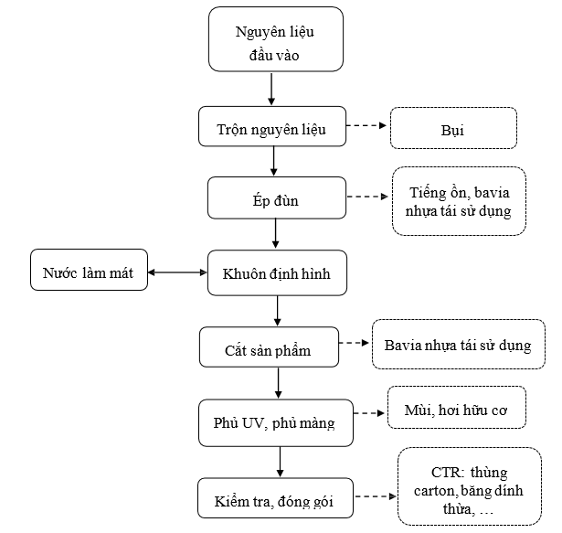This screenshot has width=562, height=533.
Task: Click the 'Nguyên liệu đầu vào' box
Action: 276,39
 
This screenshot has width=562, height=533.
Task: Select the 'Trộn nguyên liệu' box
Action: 272,126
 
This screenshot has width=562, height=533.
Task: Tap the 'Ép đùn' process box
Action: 277,197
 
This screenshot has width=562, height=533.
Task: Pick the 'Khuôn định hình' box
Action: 277,273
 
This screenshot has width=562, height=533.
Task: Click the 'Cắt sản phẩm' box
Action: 269,346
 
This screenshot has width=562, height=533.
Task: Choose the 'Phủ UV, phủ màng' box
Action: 276,423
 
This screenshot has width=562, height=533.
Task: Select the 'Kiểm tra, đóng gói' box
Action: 275,498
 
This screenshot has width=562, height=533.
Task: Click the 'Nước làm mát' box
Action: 89,270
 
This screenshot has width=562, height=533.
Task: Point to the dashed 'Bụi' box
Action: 453,128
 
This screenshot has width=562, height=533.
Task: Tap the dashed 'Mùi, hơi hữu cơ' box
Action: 457,407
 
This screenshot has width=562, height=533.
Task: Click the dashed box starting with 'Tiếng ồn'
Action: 459,201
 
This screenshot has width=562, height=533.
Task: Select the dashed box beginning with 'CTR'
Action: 470,486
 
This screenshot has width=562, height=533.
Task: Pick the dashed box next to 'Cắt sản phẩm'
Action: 459,344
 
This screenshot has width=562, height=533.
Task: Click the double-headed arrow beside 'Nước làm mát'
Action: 177,272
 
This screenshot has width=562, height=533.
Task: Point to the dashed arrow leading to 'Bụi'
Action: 366,125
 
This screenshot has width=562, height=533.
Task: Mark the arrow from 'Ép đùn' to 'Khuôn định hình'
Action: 275,233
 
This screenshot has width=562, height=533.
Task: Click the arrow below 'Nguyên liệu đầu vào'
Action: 271,90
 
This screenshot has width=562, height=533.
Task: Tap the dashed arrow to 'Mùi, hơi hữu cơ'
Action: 369,413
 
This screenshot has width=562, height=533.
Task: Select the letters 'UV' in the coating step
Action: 253,423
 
